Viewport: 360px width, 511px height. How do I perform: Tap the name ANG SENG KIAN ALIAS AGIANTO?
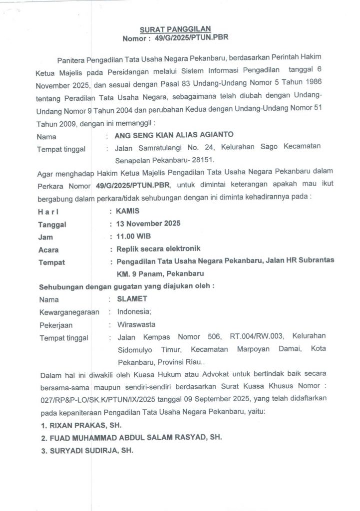pos(174,135)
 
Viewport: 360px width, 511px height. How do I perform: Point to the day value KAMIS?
pos(128,211)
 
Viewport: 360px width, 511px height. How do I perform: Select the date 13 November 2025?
pos(148,223)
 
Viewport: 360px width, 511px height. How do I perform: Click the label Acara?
pos(48,250)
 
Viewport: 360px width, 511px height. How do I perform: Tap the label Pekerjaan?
pos(53,324)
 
